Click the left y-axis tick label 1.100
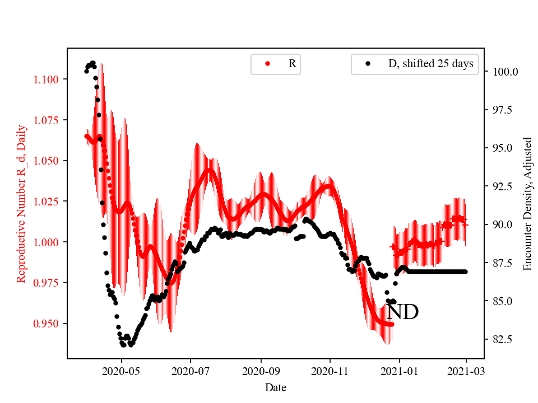48,79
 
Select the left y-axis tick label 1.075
48,120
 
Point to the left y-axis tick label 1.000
48,242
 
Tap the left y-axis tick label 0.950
48,324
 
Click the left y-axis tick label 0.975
48,283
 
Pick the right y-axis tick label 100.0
505,72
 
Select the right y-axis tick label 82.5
503,340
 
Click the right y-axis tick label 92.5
503,186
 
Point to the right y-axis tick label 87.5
503,263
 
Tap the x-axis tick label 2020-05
121,371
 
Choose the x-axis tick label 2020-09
261,371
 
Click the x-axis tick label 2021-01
399,371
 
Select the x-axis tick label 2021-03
466,371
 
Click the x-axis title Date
276,387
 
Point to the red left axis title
22,204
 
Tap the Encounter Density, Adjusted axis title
527,204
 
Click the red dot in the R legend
267,64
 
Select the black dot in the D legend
368,64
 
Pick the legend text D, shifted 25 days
430,64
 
